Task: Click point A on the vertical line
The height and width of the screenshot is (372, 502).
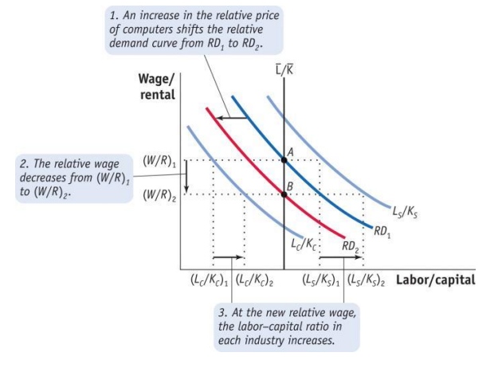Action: pos(284,160)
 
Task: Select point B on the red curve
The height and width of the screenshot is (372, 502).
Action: pos(284,194)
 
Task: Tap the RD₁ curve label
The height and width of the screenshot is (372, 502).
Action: pos(383,232)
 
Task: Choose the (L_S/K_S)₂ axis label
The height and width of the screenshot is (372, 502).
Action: pos(367,280)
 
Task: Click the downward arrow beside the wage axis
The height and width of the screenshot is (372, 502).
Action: pos(185,177)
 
